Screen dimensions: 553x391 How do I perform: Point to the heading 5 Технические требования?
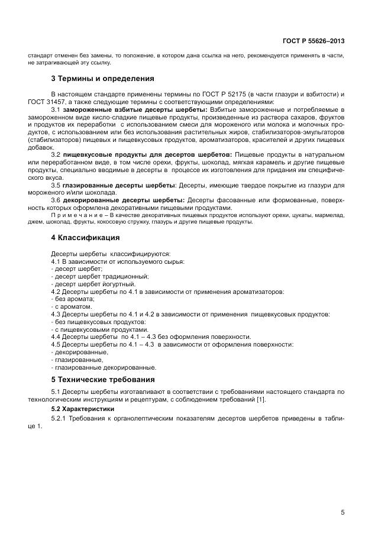click(103, 379)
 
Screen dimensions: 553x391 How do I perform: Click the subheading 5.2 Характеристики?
click(83, 409)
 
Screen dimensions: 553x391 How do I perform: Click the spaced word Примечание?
click(79, 215)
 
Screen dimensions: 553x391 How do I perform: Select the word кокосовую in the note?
click(128, 222)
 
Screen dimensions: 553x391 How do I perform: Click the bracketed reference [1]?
click(261, 400)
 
